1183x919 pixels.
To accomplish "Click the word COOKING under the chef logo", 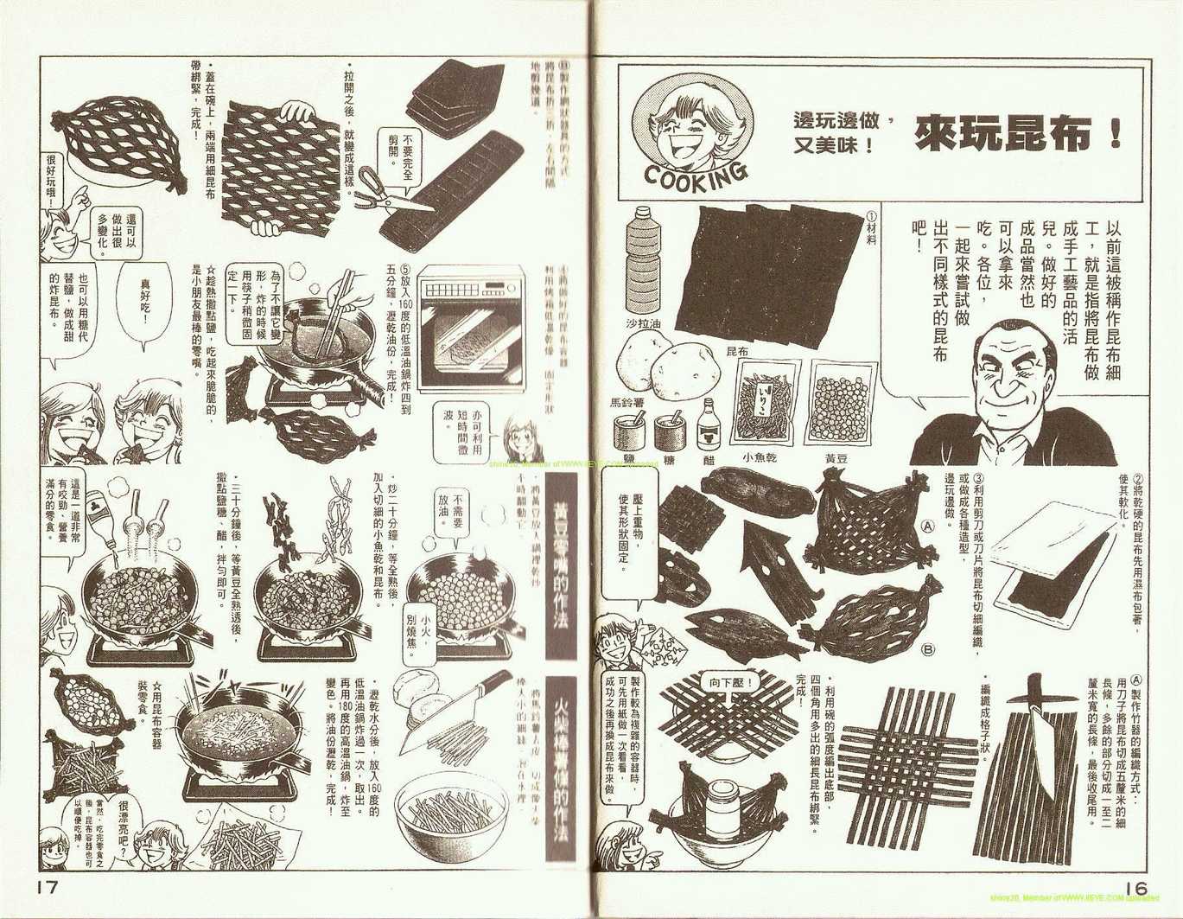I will point(696,172).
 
